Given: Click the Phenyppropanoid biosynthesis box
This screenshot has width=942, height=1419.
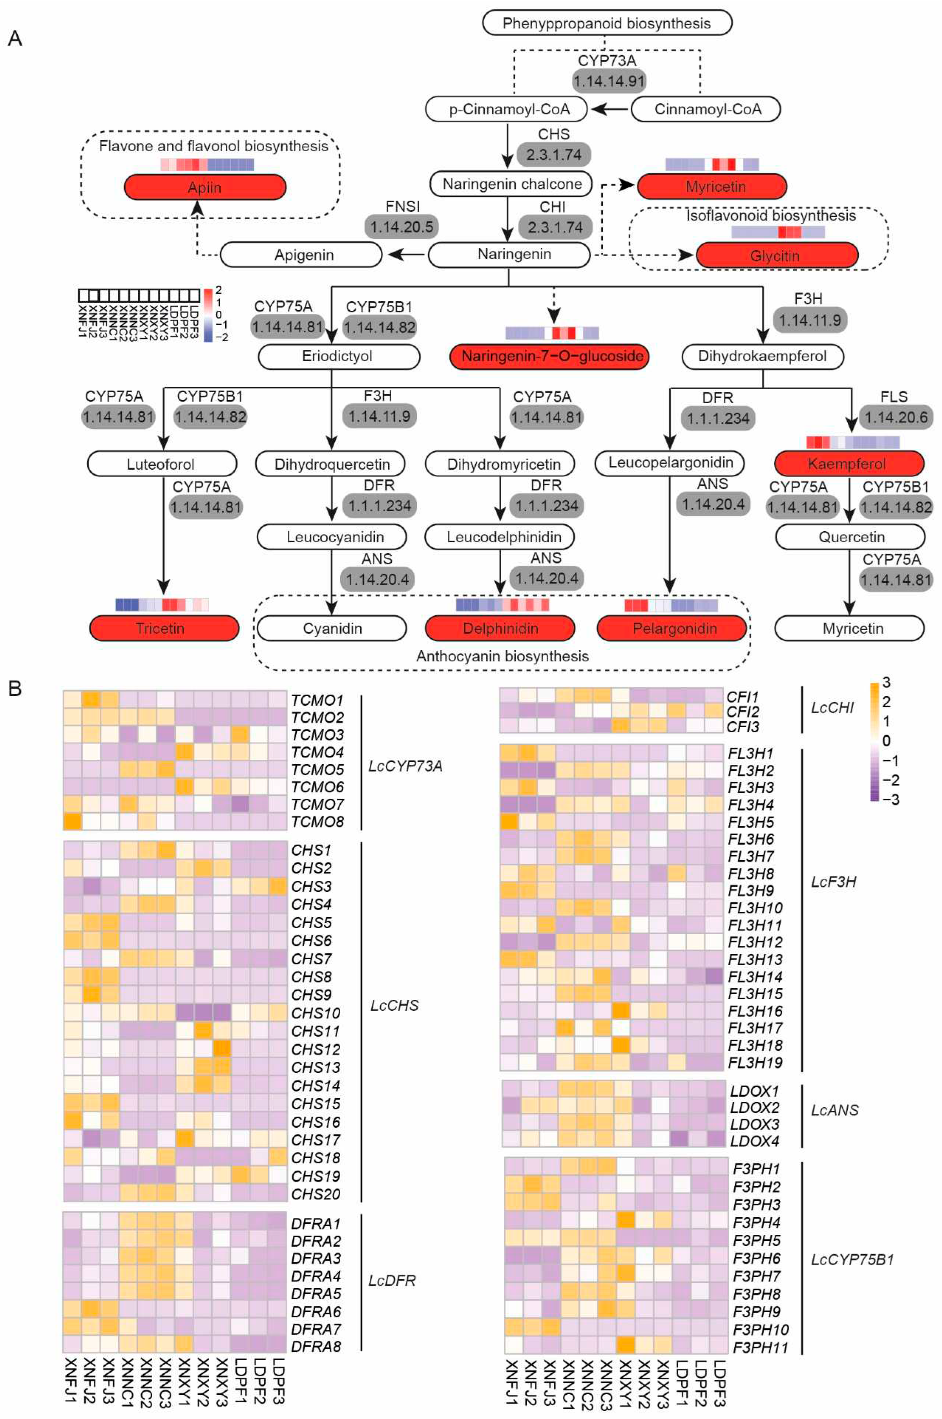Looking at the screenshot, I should [607, 23].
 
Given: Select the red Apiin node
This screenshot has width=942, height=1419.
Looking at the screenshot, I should [205, 188].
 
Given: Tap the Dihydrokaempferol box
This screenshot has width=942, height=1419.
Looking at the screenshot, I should [762, 356].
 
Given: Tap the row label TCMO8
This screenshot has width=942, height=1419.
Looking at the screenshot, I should [317, 822].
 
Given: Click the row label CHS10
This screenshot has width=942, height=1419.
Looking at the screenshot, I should [315, 1013].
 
